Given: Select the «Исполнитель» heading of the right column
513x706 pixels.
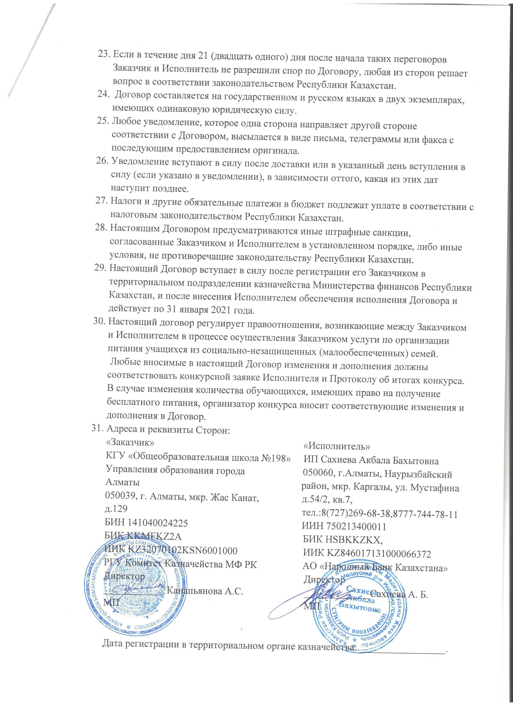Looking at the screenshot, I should [x=337, y=446].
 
